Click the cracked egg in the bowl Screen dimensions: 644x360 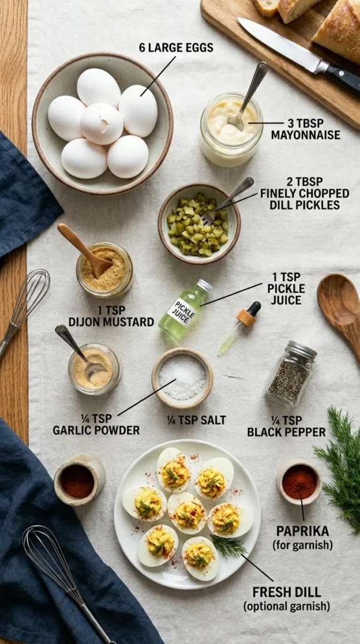click(102, 123)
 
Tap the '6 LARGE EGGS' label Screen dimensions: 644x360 click(176, 48)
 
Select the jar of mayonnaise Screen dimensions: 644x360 click(231, 130)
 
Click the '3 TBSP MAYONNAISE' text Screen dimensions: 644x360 click(305, 129)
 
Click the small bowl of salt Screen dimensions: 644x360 click(182, 377)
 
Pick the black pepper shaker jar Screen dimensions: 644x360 click(290, 374)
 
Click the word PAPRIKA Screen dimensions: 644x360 click(302, 531)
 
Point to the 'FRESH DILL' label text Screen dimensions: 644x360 click(286, 592)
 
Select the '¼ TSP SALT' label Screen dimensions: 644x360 click(196, 420)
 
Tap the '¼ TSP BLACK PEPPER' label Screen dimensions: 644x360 click(286, 426)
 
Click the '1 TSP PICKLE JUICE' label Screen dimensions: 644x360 click(286, 288)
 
